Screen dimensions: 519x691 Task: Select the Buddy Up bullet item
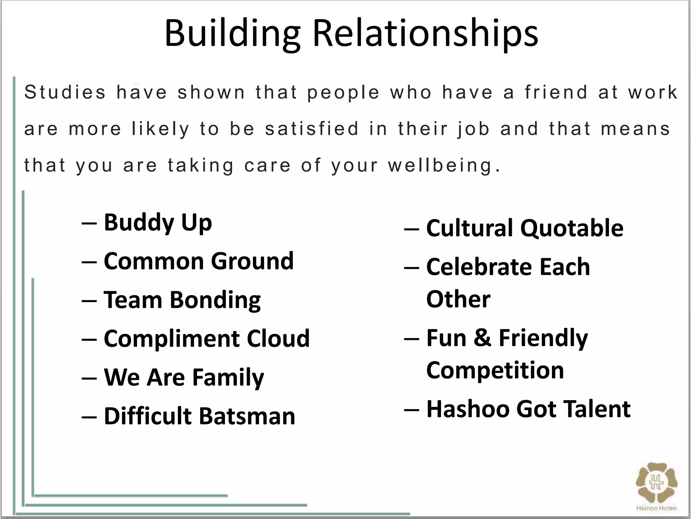tap(158, 223)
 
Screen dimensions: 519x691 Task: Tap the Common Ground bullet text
tap(198, 262)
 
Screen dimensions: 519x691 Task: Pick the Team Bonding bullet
tap(182, 300)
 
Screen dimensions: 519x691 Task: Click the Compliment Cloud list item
tap(206, 339)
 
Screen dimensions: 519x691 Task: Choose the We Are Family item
tap(184, 377)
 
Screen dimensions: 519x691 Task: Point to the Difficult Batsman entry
tap(199, 416)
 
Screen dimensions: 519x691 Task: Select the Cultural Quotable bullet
tap(525, 228)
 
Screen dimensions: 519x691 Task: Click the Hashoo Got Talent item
tap(528, 409)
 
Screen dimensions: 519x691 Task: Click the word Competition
tap(495, 370)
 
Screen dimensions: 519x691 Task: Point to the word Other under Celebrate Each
tap(458, 299)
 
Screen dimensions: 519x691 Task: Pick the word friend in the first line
tap(556, 92)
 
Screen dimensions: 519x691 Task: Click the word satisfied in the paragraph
tap(312, 129)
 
